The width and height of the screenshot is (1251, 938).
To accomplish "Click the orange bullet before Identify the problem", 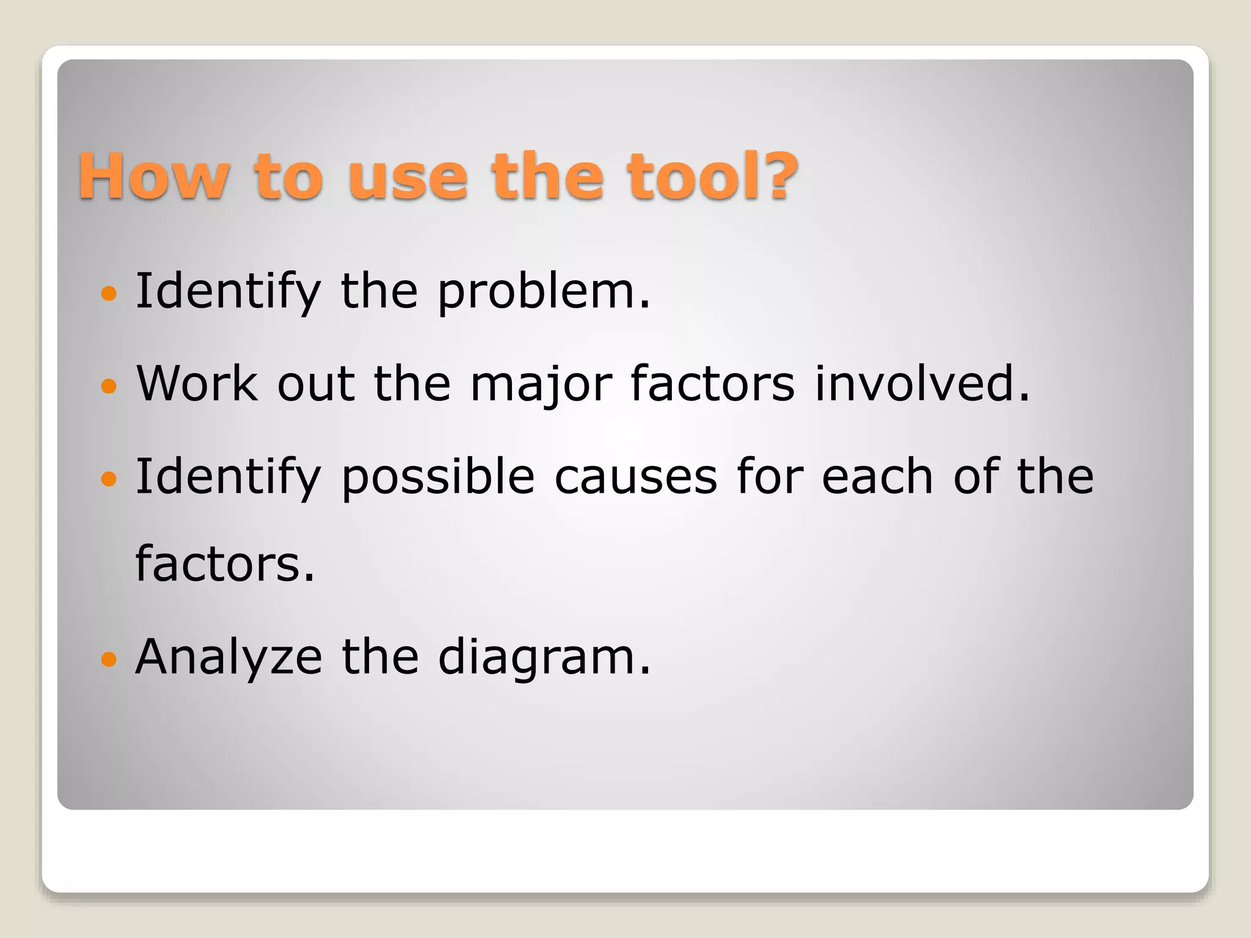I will (109, 294).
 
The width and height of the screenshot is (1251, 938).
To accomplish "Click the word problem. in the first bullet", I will (544, 292).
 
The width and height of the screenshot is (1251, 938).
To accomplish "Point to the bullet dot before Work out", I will (109, 387).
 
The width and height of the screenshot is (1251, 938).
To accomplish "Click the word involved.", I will (922, 384).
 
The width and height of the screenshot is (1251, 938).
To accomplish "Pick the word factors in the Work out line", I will (712, 384).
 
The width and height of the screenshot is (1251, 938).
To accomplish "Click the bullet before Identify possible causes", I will (109, 479).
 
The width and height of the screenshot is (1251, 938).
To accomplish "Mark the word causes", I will (635, 477).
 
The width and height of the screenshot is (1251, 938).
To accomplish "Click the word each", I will (877, 476).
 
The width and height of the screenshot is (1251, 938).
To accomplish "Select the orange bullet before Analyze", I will (109, 660).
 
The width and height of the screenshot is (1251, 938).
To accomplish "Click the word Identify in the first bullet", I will (228, 292).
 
